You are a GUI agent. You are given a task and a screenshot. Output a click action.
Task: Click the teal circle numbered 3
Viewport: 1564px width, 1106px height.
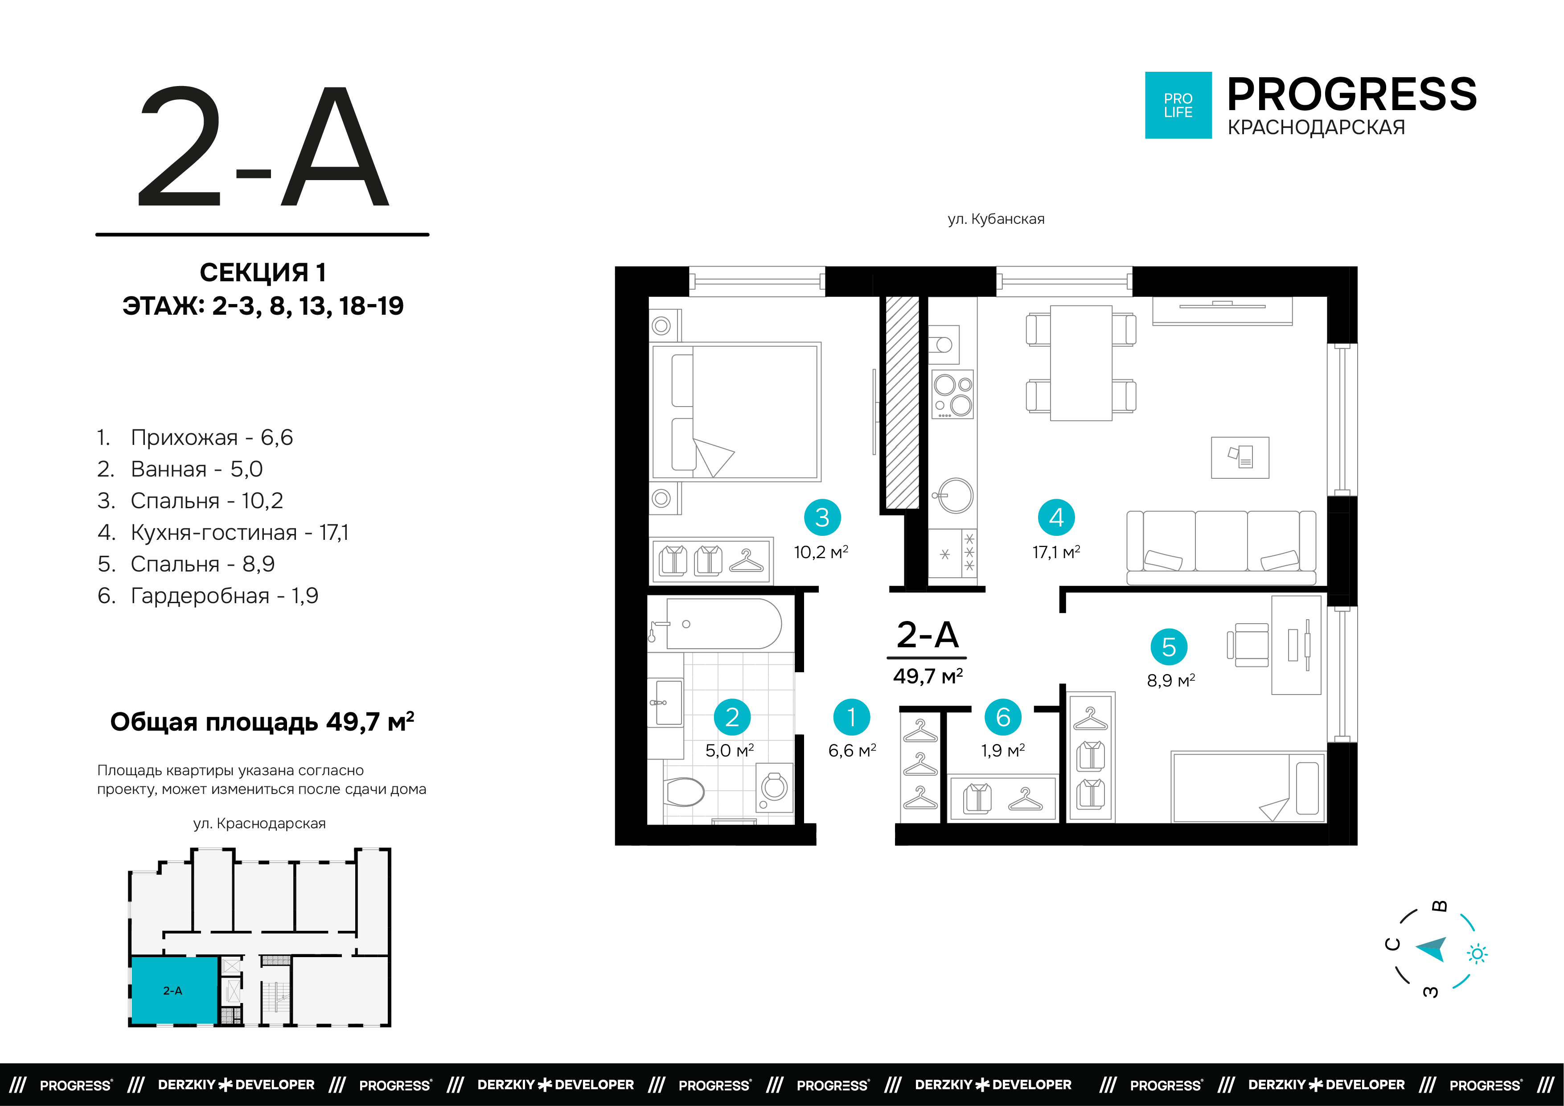click(x=822, y=517)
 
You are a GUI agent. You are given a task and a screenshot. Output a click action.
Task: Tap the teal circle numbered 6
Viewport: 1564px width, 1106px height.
click(x=1003, y=717)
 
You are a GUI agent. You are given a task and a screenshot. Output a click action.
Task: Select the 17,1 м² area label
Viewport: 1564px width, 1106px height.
click(x=1056, y=552)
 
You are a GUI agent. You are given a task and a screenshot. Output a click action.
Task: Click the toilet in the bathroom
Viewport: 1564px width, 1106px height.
click(x=684, y=792)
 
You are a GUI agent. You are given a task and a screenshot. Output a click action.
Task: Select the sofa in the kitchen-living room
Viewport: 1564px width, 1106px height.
click(x=1221, y=548)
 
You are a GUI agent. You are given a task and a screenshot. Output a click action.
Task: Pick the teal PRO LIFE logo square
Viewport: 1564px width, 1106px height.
click(x=1178, y=105)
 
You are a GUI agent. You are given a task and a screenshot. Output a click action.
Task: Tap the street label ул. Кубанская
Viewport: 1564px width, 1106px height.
click(x=996, y=219)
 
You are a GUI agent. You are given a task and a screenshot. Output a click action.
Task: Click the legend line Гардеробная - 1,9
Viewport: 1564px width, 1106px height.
click(x=208, y=596)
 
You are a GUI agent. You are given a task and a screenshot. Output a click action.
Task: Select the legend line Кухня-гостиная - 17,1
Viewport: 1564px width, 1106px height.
click(x=223, y=532)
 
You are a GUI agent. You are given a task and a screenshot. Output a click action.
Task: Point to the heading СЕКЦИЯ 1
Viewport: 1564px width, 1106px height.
click(x=263, y=272)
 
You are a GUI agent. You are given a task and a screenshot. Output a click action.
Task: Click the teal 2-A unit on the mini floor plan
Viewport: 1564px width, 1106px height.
click(x=174, y=990)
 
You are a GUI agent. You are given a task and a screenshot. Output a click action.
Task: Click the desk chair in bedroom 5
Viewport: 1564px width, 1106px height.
click(x=1248, y=645)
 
